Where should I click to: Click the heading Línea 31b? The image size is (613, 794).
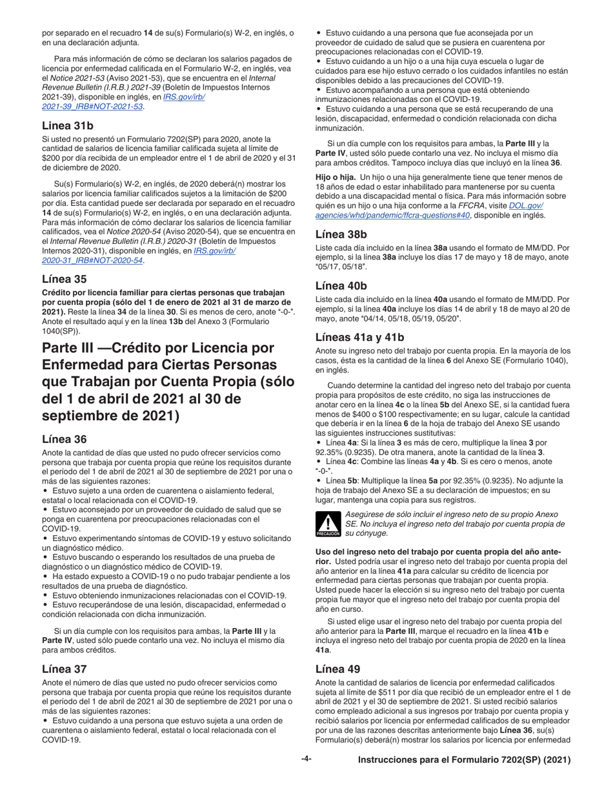click(x=67, y=125)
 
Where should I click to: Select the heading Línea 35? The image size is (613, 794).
click(x=64, y=280)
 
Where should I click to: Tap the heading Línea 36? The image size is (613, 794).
click(x=64, y=439)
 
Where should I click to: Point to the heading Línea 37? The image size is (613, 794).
click(x=64, y=669)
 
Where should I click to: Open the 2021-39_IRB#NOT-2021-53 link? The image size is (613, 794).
click(x=93, y=106)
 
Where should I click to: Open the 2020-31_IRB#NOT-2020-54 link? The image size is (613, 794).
click(x=93, y=260)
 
